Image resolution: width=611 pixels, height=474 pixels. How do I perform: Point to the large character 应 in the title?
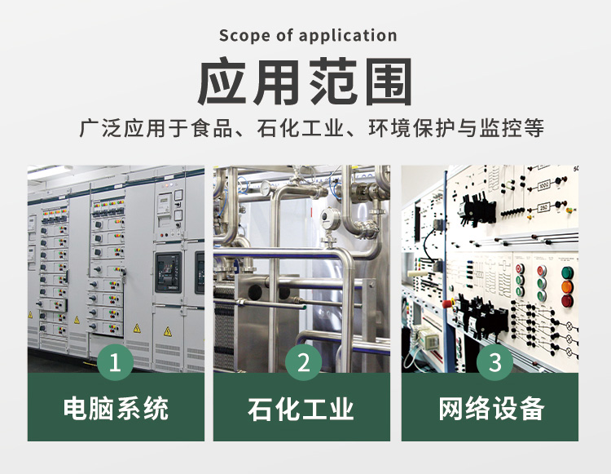click(223, 81)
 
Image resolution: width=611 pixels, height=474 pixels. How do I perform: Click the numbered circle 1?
click(115, 362)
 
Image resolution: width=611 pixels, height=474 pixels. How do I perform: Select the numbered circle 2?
click(303, 362)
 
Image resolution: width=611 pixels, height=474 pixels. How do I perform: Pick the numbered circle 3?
click(495, 362)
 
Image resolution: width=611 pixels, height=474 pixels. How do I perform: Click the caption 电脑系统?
click(116, 409)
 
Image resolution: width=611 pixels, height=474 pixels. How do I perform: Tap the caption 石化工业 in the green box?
click(301, 409)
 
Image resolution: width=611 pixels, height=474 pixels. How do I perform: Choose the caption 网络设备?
click(491, 409)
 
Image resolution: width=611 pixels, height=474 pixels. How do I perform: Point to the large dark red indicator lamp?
click(567, 301)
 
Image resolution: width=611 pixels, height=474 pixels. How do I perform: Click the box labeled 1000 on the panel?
click(543, 185)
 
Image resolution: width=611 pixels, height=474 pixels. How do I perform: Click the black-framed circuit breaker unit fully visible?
click(169, 272)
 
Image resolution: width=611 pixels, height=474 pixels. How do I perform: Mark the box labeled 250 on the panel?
click(543, 208)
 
